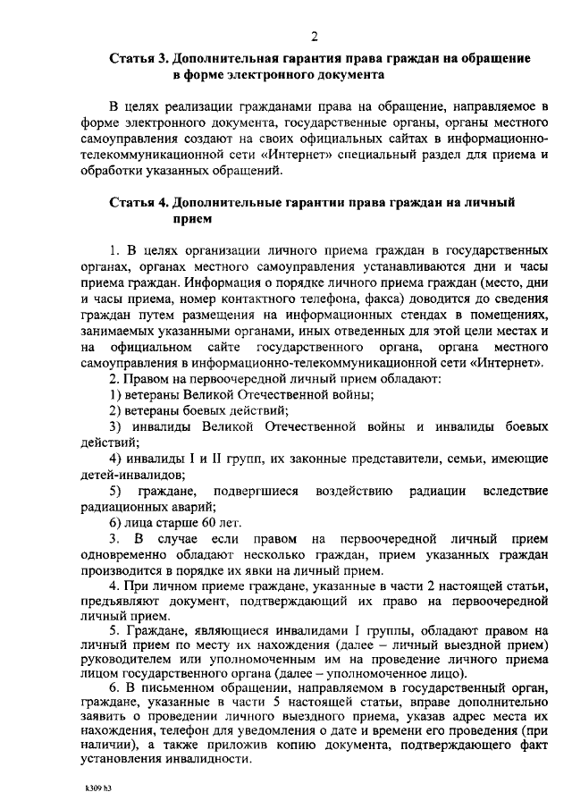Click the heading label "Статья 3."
click(140, 59)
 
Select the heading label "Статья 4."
click(140, 203)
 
